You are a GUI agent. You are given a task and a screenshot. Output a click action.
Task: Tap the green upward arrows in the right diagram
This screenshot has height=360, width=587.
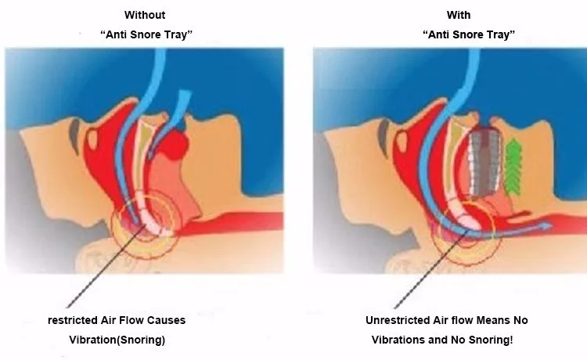click(514, 165)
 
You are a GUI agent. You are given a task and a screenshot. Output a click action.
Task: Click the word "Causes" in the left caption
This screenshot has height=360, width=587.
click(189, 320)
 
